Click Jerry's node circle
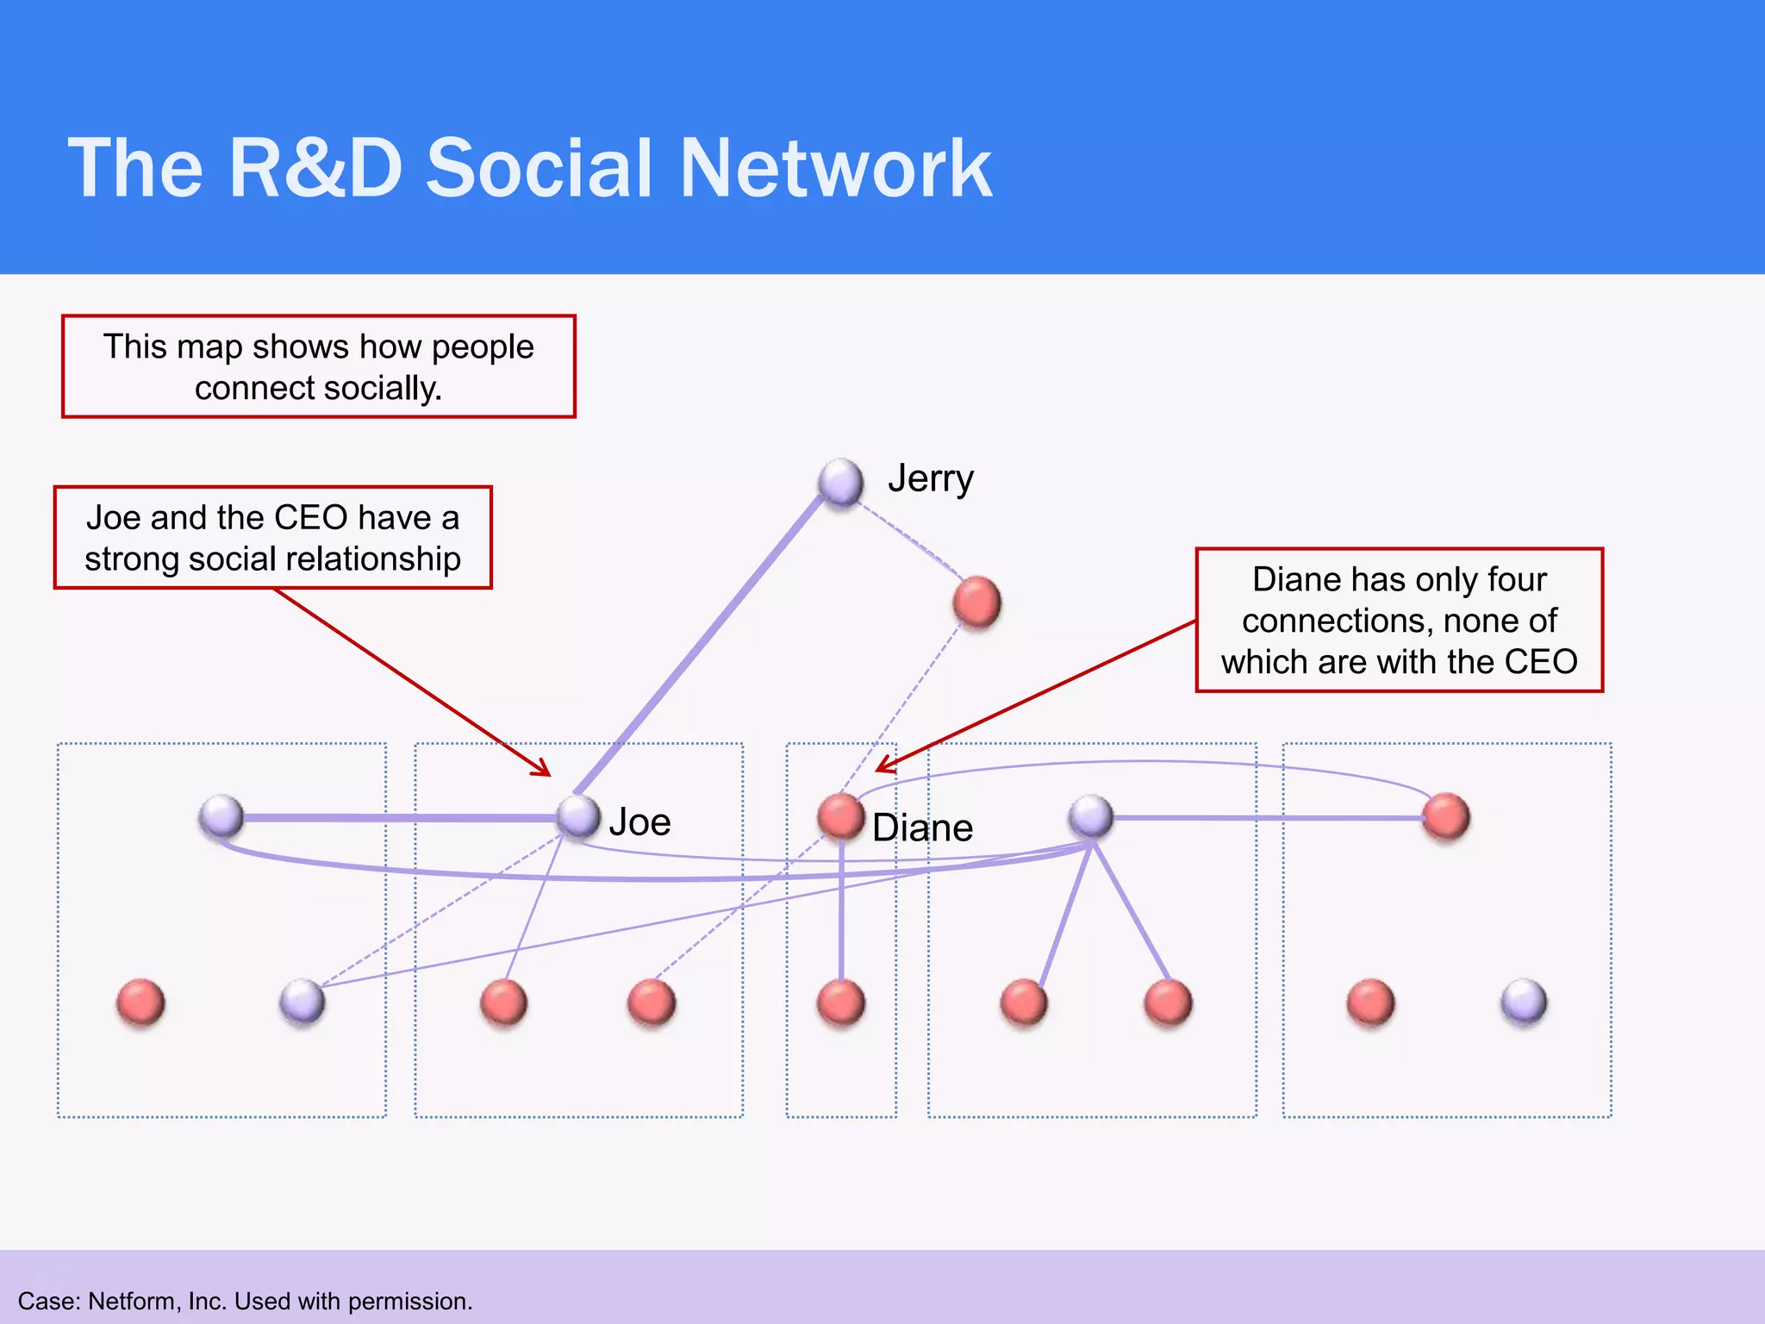[841, 481]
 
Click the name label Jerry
[931, 479]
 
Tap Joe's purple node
[578, 815]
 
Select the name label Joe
[639, 822]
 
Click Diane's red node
[840, 815]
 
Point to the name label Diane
[922, 828]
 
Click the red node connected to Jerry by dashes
[977, 602]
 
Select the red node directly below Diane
[840, 1003]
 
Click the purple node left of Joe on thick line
[221, 816]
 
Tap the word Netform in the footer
[134, 1301]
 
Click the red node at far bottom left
[140, 1003]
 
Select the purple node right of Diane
[1091, 815]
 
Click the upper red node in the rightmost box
[1446, 816]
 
